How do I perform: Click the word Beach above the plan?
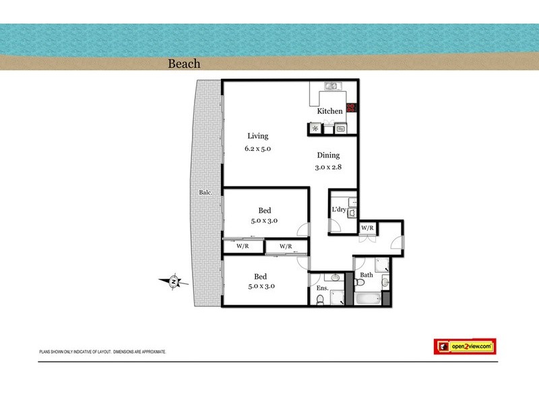click(x=184, y=64)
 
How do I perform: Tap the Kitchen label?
click(x=329, y=111)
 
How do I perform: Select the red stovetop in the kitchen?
click(x=352, y=108)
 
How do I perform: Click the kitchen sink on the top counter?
click(x=331, y=86)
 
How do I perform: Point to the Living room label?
click(x=257, y=136)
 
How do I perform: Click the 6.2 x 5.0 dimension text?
click(x=257, y=149)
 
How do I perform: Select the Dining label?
click(x=329, y=156)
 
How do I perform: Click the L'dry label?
click(x=339, y=209)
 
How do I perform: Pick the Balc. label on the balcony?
click(x=205, y=193)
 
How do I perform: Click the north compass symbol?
click(x=174, y=281)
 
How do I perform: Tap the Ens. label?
click(x=323, y=289)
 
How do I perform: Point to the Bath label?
click(x=366, y=275)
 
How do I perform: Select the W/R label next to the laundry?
click(x=367, y=228)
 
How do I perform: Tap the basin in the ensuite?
click(x=334, y=277)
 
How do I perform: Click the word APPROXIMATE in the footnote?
click(x=152, y=352)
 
